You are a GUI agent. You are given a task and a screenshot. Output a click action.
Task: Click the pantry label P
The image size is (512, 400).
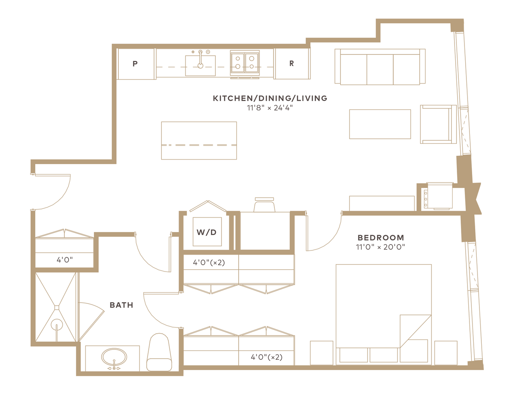coord(135,63)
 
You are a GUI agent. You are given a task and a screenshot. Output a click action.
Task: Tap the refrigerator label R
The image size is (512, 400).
coord(292,63)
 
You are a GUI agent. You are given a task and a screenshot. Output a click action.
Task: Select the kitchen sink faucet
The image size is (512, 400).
coord(200,59)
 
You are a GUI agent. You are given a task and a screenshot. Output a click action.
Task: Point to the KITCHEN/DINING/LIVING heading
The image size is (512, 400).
coord(270,98)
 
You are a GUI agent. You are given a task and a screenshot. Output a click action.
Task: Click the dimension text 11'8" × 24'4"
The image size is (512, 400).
coord(270,108)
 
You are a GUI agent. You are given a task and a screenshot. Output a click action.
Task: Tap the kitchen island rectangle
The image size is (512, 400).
coord(199,140)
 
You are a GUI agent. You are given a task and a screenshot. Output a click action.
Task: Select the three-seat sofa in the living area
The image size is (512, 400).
coord(380,67)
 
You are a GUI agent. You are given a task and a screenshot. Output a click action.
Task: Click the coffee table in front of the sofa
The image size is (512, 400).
coord(380,124)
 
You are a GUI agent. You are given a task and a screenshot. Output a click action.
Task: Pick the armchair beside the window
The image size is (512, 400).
coord(438,124)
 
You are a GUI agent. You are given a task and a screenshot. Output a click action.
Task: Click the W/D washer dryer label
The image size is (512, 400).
coord(207,232)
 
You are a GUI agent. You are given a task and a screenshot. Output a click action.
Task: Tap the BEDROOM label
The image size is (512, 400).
coord(381,237)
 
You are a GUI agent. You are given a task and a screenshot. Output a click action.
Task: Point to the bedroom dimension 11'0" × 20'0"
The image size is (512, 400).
coord(380,247)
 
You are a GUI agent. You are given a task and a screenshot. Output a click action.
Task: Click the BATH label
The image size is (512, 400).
coord(121,305)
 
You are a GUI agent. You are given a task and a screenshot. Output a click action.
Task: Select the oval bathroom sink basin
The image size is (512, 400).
coord(114,357)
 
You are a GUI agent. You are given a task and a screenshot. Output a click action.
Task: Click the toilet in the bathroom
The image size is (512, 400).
coord(159,352)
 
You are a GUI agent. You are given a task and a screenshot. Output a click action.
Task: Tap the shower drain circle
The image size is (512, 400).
coord(57,324)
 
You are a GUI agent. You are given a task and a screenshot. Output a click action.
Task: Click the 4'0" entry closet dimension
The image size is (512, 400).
coord(64,260)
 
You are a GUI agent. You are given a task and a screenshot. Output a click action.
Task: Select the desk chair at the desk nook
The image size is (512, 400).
coord(264,204)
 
